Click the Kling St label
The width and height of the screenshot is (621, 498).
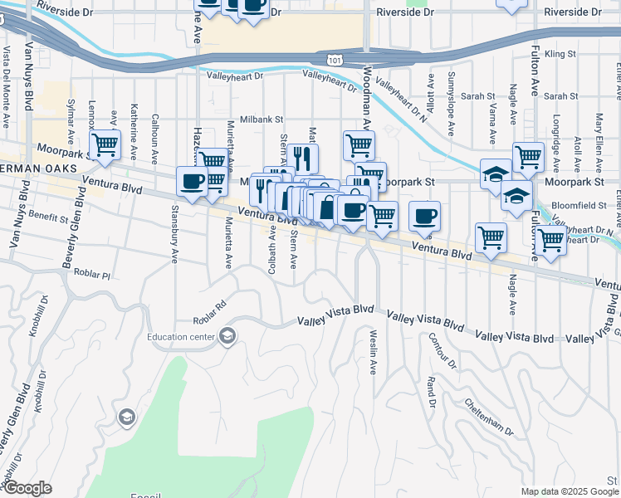click(x=561, y=53)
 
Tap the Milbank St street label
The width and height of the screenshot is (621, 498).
click(x=262, y=120)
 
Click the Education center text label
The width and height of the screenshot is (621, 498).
click(x=180, y=336)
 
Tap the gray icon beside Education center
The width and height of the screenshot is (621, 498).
click(x=227, y=336)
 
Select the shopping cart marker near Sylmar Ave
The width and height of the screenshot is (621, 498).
click(x=105, y=145)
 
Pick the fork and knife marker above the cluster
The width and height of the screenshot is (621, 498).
click(x=304, y=157)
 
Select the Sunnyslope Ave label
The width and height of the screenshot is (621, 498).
click(x=452, y=104)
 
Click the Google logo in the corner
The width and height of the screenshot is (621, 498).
click(x=27, y=488)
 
